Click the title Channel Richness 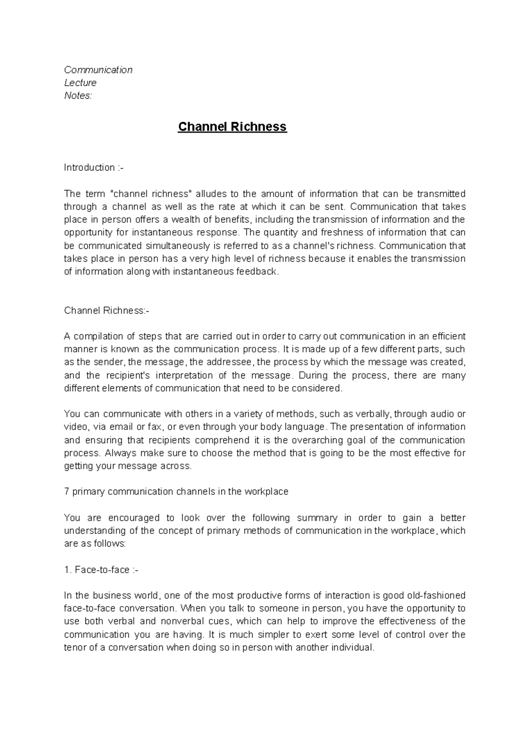click(x=232, y=127)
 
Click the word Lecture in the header click(x=80, y=83)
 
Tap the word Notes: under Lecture click(x=78, y=96)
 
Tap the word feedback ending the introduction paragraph click(x=258, y=272)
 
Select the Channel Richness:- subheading click(x=107, y=310)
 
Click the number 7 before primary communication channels click(x=66, y=492)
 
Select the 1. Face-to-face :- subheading click(x=101, y=570)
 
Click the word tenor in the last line click(x=75, y=648)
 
